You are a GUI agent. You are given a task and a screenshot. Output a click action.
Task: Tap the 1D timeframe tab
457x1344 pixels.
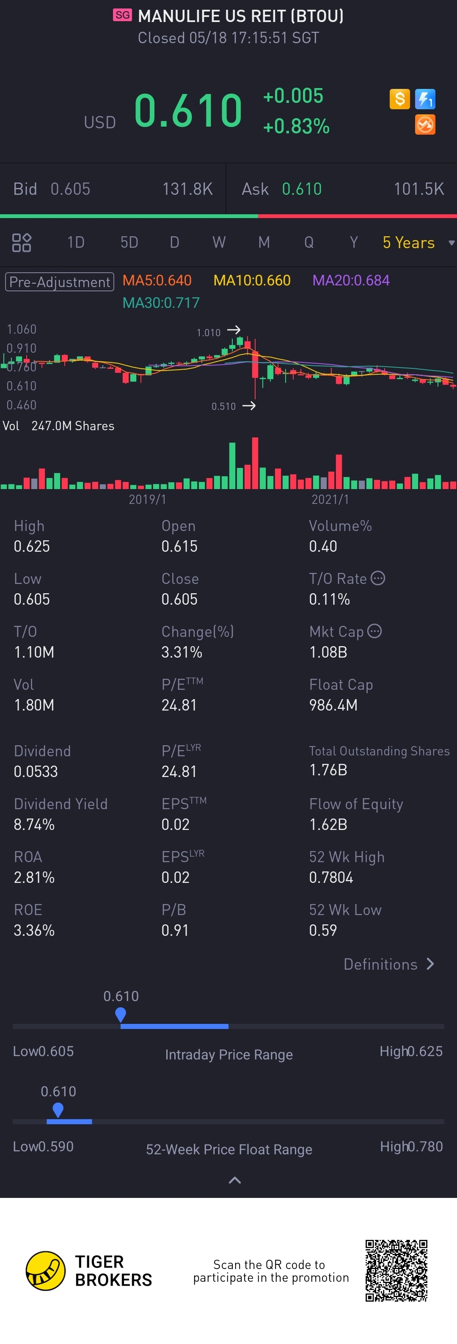click(76, 243)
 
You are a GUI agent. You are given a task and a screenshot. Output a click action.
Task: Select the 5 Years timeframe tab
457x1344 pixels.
click(408, 243)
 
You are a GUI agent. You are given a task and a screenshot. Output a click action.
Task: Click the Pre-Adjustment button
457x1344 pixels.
click(59, 282)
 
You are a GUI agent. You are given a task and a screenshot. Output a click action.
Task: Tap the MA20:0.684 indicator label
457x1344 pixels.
click(351, 281)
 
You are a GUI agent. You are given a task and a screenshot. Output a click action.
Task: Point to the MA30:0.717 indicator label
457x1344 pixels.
click(161, 303)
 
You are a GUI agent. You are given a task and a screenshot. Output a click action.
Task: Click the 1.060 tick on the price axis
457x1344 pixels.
click(21, 329)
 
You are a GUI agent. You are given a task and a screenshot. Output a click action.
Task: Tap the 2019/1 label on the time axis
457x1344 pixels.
click(148, 499)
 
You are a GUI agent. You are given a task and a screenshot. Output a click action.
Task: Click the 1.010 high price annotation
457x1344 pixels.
click(209, 332)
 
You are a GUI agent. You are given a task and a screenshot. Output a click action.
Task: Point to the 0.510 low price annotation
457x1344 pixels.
click(223, 406)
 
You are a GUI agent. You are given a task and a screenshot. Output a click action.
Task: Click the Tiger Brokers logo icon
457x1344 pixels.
click(46, 1271)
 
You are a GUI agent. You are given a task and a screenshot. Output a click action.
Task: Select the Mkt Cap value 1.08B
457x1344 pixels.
click(328, 652)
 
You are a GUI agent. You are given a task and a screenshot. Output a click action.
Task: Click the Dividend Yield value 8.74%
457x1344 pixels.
click(34, 824)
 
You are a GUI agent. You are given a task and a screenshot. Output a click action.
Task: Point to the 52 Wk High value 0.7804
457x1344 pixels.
click(331, 877)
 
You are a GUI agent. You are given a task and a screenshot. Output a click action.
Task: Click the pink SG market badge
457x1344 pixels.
click(122, 15)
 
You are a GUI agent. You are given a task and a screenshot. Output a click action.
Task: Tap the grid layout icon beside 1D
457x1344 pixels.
click(21, 243)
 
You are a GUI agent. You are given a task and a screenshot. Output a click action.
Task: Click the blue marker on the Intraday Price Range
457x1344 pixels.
click(120, 1014)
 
